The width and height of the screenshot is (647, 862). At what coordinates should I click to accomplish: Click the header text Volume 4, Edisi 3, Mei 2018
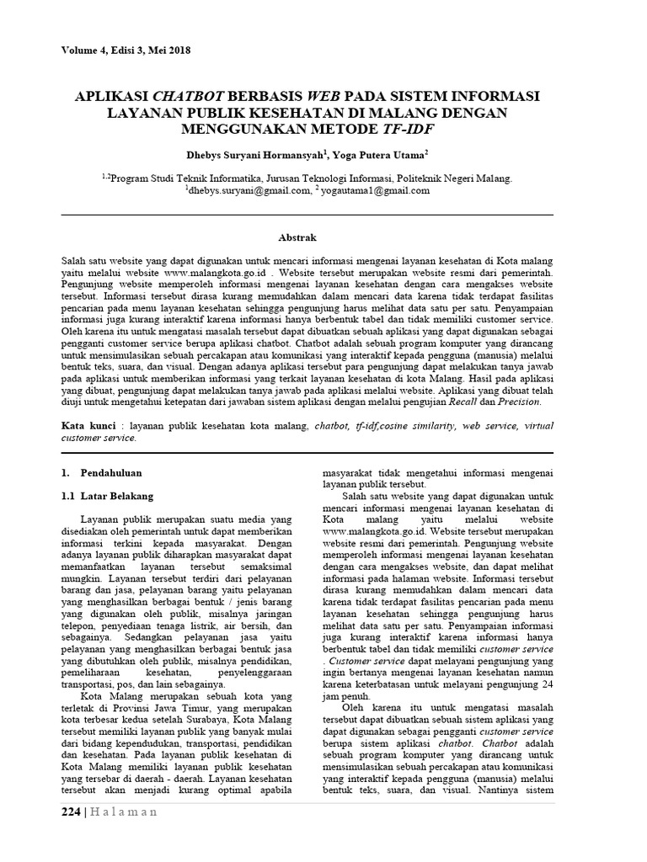click(126, 51)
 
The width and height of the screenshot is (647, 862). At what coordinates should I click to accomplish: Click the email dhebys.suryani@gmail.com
click(245, 191)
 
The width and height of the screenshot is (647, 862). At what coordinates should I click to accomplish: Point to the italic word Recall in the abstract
click(479, 402)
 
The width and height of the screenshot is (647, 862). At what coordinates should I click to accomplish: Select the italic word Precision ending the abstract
click(521, 402)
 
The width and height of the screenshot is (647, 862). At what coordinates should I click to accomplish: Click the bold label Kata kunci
click(88, 427)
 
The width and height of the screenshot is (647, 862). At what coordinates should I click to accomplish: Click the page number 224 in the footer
click(72, 812)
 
